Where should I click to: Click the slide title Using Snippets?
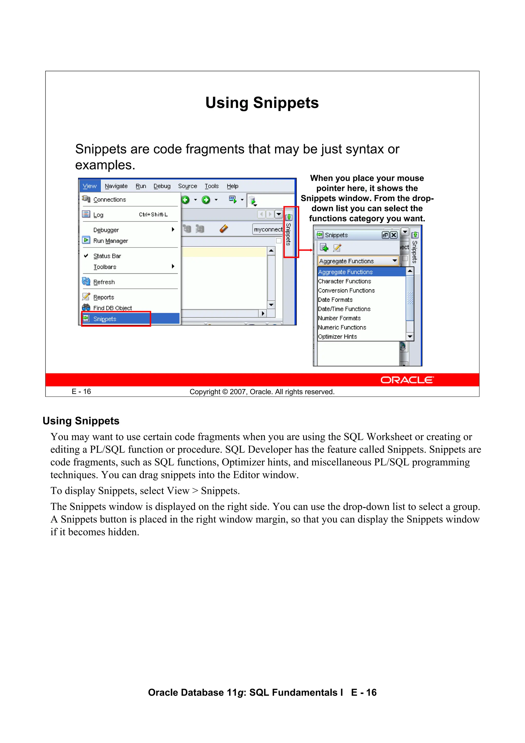coord(262,103)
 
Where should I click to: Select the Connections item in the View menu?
coord(109,200)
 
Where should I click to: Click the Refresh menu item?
coord(104,282)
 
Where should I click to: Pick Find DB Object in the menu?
coord(112,308)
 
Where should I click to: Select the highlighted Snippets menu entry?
coord(105,319)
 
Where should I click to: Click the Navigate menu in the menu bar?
coord(116,186)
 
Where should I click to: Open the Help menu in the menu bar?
coord(232,186)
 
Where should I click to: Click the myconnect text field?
coord(268,230)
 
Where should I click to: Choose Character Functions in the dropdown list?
coord(345,281)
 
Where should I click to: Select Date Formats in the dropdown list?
coord(335,300)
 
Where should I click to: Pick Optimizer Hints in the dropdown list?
coord(337,336)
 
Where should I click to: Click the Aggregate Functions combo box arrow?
coord(395,261)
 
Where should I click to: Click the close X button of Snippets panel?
coord(394,235)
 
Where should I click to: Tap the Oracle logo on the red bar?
coord(407,380)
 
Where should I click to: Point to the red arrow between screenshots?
coord(306,250)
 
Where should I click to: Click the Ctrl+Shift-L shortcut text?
coord(153,215)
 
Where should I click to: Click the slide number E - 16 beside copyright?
coord(81,392)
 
